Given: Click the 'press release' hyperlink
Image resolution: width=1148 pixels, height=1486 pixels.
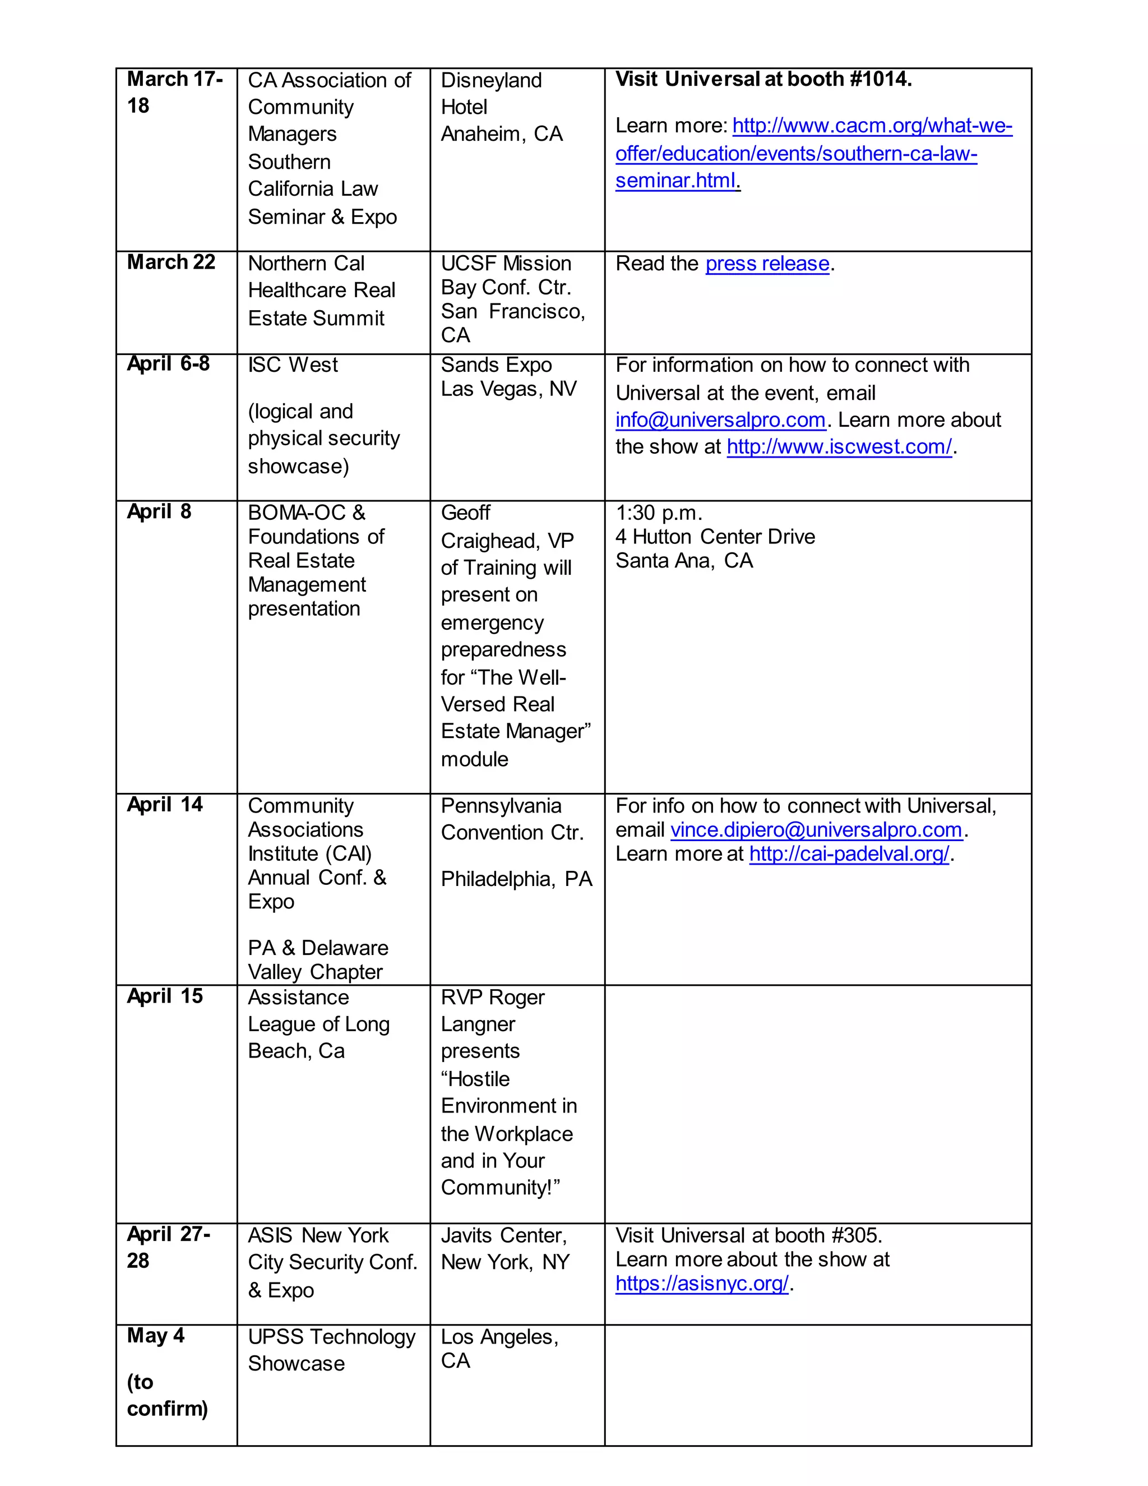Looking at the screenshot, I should click(767, 264).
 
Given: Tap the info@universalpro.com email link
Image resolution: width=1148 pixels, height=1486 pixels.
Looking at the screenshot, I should click(720, 421).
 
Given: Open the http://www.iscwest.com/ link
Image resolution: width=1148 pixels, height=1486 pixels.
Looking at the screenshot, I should click(839, 447).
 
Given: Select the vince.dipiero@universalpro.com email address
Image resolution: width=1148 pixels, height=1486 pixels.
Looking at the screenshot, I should click(816, 830).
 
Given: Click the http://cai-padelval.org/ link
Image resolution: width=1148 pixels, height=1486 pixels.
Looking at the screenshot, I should click(849, 854).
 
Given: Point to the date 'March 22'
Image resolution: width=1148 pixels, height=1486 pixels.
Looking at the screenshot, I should click(171, 262).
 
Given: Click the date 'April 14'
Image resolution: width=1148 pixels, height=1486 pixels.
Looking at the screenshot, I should click(165, 805).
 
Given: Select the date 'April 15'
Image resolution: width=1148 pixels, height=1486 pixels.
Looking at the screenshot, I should click(165, 996).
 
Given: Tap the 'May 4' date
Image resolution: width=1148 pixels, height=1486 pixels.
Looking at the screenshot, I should click(156, 1336).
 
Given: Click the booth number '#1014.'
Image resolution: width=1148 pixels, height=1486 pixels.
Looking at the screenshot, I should click(881, 80).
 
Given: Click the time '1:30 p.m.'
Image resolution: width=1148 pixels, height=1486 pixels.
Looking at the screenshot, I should click(658, 513).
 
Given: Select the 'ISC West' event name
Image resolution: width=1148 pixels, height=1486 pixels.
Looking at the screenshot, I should click(293, 366).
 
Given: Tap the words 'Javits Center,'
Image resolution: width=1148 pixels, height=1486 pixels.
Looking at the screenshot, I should click(503, 1235).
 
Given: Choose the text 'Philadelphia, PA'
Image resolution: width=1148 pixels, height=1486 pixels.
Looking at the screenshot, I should click(516, 879).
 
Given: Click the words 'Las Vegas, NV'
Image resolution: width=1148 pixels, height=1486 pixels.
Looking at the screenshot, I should click(509, 389).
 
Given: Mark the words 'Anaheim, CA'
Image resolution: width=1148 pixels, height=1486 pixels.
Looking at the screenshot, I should click(502, 134).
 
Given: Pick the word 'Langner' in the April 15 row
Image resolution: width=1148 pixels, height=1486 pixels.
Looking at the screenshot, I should click(478, 1024).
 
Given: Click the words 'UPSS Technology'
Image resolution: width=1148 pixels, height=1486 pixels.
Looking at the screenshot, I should click(331, 1337).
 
